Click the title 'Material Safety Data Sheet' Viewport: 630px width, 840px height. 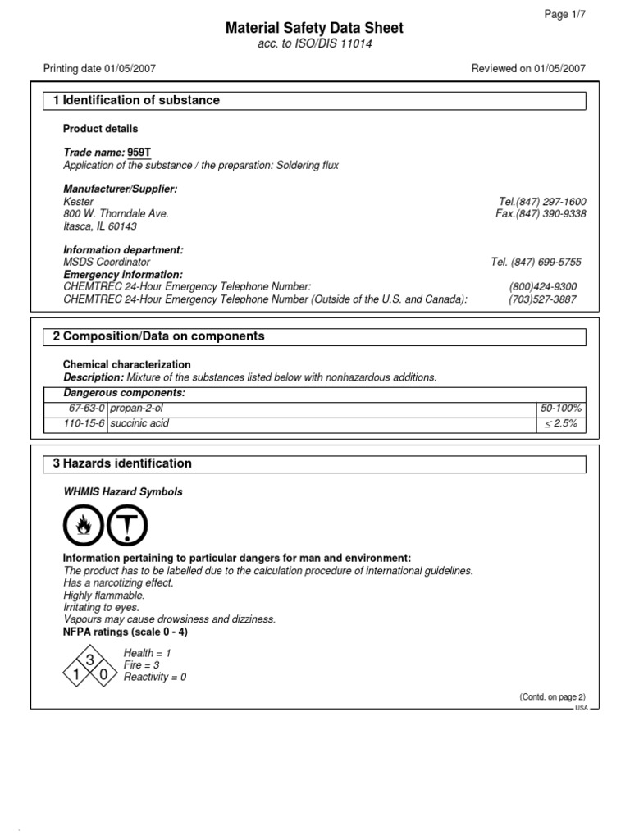[315, 29]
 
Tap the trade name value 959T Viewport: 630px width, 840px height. [139, 153]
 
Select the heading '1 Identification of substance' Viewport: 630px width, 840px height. [136, 100]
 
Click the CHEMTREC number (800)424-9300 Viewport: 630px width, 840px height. [542, 287]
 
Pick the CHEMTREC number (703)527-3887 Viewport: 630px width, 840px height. [542, 299]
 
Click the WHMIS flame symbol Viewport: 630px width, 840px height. [84, 526]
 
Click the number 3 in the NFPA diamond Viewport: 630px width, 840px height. [90, 661]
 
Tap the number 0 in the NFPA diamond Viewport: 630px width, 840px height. [103, 674]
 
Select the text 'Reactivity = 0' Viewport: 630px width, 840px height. [155, 678]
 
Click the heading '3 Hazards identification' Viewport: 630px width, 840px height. [122, 463]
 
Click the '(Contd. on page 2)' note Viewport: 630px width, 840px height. [551, 696]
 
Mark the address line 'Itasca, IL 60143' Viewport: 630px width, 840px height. [100, 226]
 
